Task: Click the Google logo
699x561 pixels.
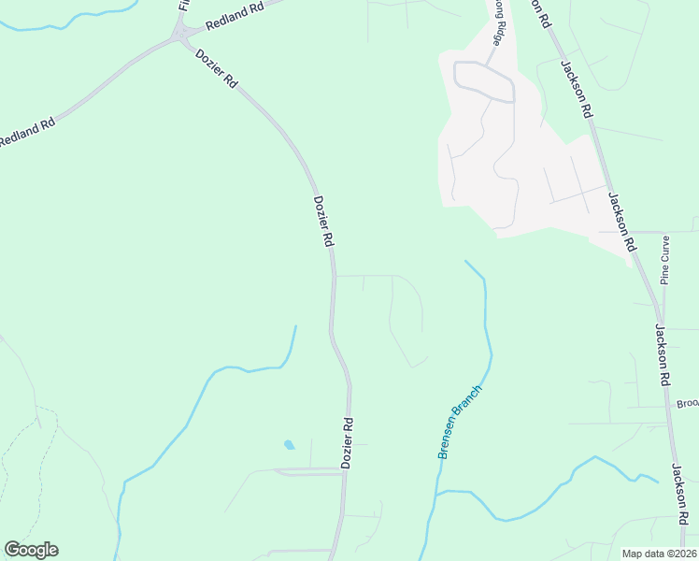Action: click(31, 550)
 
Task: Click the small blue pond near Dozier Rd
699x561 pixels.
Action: click(288, 444)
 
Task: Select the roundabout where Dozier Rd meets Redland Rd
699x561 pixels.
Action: click(179, 36)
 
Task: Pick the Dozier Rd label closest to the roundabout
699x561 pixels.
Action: click(217, 69)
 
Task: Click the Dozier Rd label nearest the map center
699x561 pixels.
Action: click(322, 221)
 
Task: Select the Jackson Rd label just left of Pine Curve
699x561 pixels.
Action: click(622, 222)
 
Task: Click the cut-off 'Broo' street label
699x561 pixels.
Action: click(688, 404)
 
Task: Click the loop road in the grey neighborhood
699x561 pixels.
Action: click(483, 81)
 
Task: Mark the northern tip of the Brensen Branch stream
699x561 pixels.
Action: click(466, 262)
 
